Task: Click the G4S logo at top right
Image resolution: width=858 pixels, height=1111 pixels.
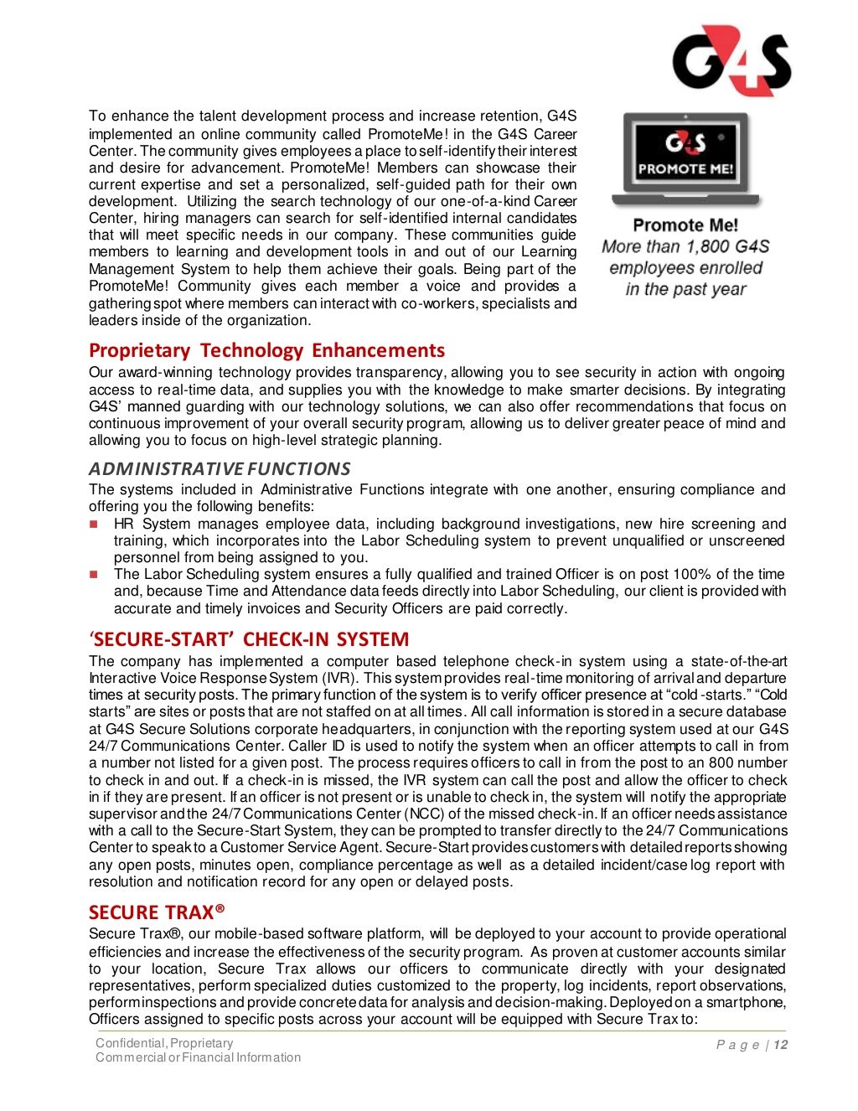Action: pos(731,60)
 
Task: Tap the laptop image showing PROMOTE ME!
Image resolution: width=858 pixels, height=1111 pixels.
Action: pos(685,159)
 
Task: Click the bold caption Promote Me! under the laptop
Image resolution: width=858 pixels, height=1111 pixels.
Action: pos(685,225)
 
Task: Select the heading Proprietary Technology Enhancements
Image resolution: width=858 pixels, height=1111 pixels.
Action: pos(266,350)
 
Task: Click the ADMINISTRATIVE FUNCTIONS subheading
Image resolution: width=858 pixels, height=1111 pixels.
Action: pos(220,468)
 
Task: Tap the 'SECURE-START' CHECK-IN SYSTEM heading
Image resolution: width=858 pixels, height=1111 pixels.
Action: pos(249,639)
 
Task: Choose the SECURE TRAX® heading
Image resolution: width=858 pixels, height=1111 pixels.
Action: pos(157,912)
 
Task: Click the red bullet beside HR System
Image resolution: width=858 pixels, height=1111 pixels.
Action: pos(94,524)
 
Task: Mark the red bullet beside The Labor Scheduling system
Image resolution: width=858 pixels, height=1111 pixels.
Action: pos(94,575)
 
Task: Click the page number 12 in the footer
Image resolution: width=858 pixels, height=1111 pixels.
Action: pos(781,1045)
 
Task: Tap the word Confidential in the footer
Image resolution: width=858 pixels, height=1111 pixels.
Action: pos(131,1043)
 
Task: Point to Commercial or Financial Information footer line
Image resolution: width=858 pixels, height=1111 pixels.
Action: pos(198,1057)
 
